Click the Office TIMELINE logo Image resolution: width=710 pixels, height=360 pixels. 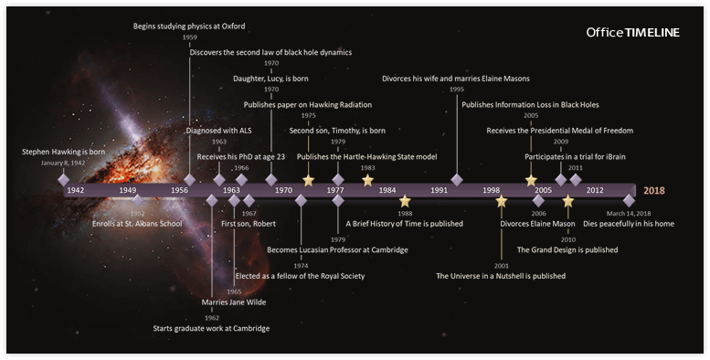point(632,33)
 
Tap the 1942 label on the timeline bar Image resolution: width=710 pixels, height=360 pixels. point(75,190)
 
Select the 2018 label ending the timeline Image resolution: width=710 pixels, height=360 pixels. point(653,190)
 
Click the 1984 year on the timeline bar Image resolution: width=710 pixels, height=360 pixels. point(387,190)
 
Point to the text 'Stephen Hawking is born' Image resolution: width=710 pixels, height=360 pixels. point(64,152)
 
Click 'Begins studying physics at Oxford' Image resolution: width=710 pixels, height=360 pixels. point(189,26)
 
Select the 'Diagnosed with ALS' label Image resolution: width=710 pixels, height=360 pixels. point(218,131)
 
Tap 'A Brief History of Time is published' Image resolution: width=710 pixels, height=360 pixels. point(404,223)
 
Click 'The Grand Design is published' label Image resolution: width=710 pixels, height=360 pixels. point(567,249)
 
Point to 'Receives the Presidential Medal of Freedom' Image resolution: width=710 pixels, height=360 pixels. point(560,131)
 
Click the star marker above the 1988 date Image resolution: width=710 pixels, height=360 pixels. point(405,201)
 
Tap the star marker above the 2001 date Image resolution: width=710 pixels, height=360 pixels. point(501,201)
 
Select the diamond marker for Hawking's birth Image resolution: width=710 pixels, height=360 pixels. point(64,180)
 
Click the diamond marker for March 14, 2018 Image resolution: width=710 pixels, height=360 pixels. point(629,200)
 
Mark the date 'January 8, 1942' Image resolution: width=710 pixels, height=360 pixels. point(64,163)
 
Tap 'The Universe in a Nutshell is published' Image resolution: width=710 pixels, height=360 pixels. point(501,275)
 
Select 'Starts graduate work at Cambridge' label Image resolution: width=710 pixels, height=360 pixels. point(211,328)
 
